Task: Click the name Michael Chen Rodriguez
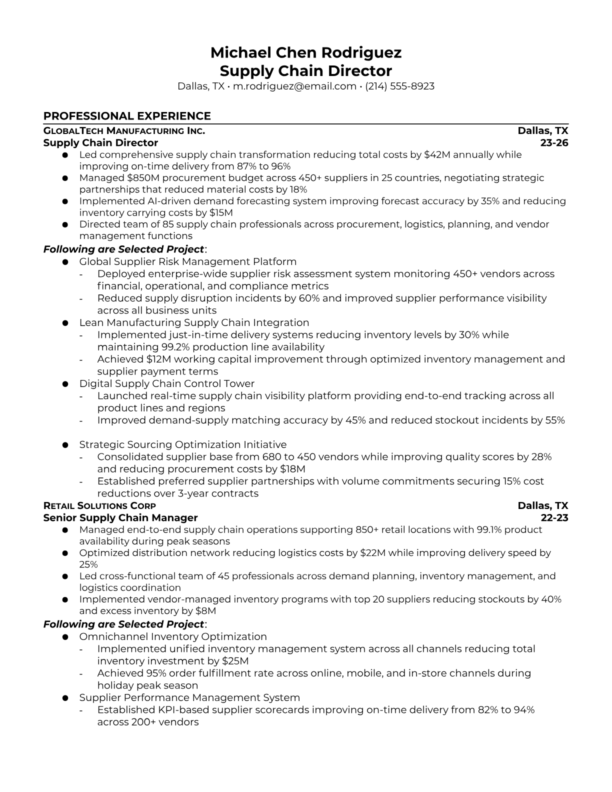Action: [305, 52]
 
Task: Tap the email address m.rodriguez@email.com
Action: [294, 86]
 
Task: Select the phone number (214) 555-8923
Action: [399, 86]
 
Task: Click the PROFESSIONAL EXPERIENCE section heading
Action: [127, 116]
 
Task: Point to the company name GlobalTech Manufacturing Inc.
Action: [124, 131]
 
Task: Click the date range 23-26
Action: [554, 143]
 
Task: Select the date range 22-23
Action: [554, 518]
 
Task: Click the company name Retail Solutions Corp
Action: [99, 506]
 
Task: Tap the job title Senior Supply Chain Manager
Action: [120, 518]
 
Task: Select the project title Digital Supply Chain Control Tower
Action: [167, 383]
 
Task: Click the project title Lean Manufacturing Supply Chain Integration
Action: [194, 322]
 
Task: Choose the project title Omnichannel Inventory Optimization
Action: [173, 636]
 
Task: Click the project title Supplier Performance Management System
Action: [189, 697]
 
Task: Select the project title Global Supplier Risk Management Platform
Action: [188, 261]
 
